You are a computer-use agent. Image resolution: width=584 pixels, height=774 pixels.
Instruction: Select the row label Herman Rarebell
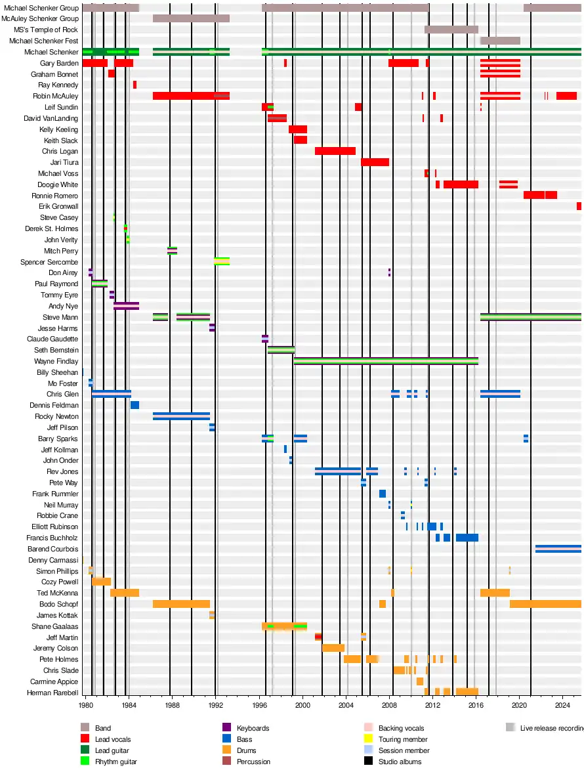52,693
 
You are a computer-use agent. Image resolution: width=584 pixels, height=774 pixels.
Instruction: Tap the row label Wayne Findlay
56,361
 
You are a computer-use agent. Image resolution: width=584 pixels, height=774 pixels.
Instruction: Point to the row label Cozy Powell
60,582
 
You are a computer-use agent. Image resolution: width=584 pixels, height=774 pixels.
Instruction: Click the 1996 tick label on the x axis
259,706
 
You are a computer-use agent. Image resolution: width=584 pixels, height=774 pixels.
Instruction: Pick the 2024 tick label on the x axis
562,706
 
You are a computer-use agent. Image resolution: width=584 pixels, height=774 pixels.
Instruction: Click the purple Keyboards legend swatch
226,727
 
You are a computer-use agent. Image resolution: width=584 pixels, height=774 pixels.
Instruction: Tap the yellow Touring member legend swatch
368,739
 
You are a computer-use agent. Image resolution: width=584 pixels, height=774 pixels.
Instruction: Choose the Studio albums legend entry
400,762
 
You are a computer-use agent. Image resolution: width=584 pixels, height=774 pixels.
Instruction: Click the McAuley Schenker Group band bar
191,18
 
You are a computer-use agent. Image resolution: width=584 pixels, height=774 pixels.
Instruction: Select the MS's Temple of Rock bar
451,30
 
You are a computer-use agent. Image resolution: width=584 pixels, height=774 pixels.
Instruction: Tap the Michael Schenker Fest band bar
500,41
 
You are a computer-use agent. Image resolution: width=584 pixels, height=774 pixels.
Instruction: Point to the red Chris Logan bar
335,151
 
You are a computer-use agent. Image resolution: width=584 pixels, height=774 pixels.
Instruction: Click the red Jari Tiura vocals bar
375,162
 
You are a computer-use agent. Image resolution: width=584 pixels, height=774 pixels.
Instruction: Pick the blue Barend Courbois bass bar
558,549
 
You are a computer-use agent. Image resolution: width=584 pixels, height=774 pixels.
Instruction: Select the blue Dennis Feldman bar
135,405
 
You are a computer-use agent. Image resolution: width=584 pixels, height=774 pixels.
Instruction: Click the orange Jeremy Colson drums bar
333,648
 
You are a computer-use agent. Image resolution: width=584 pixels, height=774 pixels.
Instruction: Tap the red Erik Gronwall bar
579,206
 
